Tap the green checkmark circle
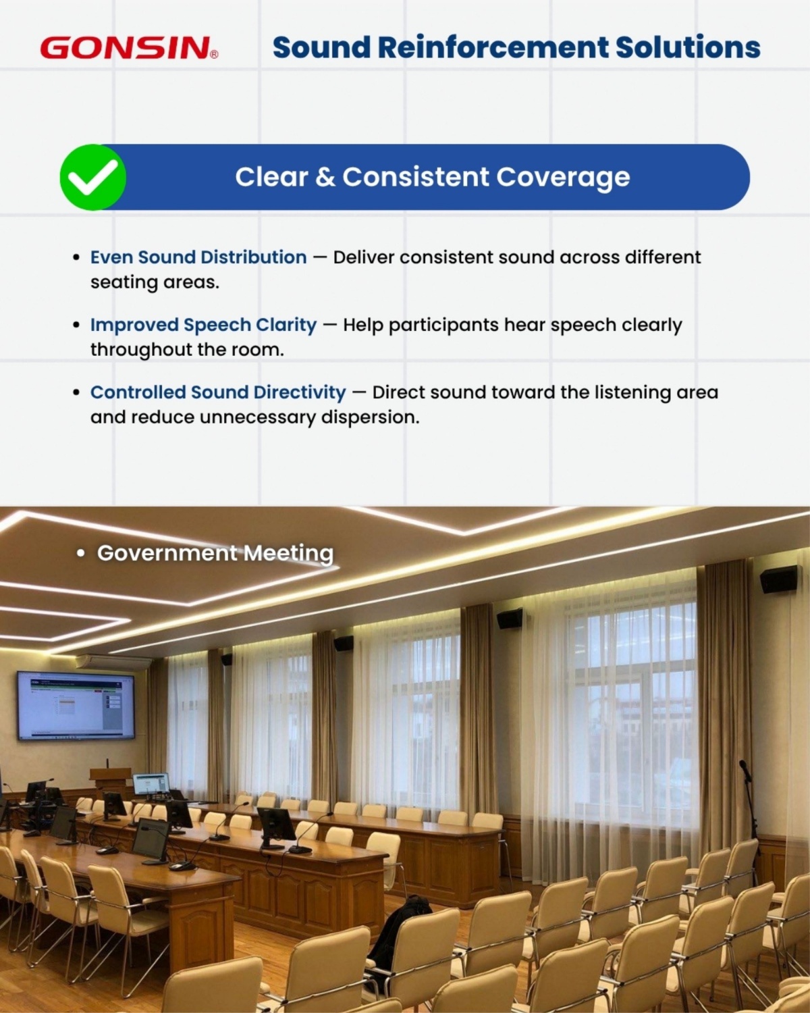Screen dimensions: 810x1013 coord(92,177)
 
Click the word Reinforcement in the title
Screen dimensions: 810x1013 coord(493,47)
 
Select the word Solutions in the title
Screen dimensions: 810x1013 coord(688,47)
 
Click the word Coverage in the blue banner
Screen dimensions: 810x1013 coord(563,178)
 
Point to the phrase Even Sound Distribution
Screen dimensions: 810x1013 coord(198,257)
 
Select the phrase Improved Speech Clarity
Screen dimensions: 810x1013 coord(203,326)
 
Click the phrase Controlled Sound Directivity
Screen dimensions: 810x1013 coord(218,392)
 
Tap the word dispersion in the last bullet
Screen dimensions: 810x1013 coord(370,417)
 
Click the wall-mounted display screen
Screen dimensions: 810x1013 coord(76,705)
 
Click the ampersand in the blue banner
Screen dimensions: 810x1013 coord(325,178)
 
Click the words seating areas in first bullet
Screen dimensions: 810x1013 coord(155,282)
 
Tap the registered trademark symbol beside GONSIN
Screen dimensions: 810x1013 coord(214,55)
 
